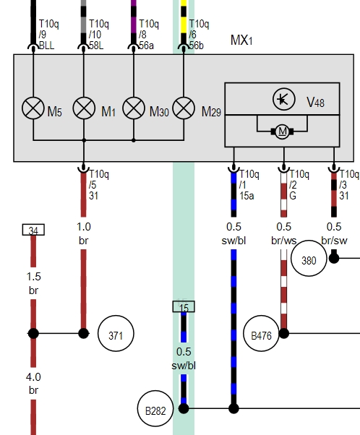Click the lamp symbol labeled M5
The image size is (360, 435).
point(33,108)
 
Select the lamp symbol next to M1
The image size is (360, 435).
point(84,108)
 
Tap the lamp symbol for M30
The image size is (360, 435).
point(134,108)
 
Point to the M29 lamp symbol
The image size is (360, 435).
point(184,108)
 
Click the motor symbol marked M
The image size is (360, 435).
point(282,132)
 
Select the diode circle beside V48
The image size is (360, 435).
point(283,99)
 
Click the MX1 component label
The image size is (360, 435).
point(241,40)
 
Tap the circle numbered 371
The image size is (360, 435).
point(116,333)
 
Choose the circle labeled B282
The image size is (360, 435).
point(155,408)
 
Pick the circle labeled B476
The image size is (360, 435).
point(261,333)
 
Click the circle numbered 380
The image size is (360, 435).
point(309,258)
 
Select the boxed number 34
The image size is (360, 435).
point(33,230)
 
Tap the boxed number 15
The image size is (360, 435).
point(184,306)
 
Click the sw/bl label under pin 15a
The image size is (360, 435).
point(233,241)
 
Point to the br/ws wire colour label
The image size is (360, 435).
point(283,241)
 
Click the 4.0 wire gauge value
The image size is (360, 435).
point(33,377)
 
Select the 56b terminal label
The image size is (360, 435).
point(196,46)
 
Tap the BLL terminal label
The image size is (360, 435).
point(47,46)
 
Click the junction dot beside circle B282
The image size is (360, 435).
point(184,408)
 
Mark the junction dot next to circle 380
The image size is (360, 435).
point(334,258)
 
